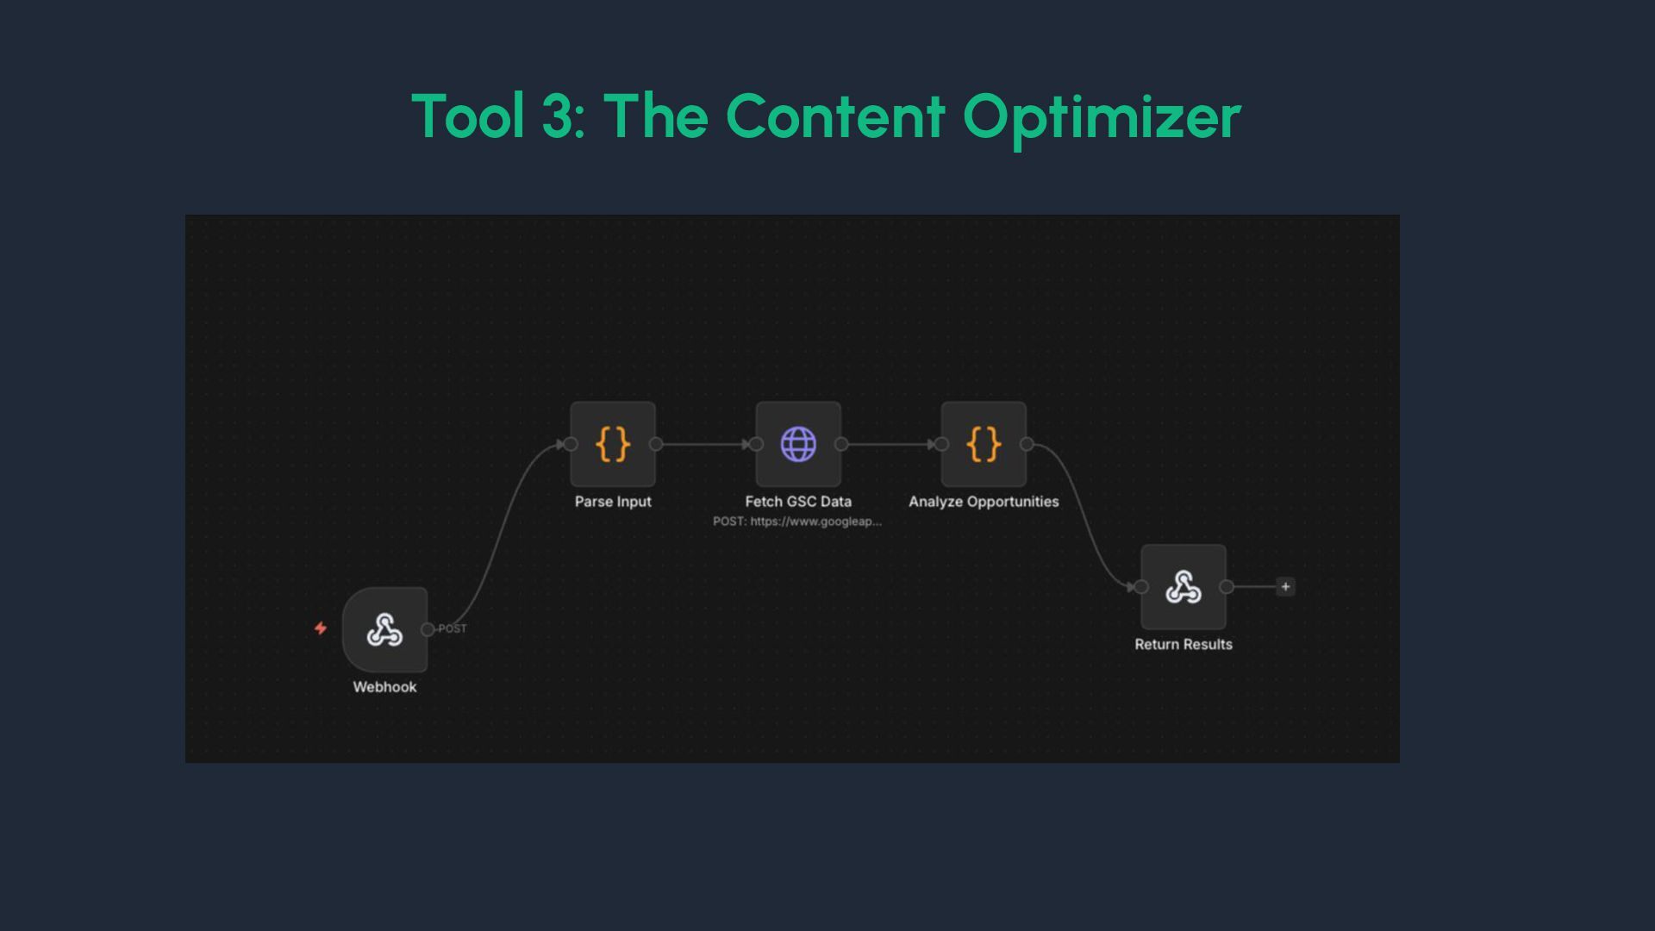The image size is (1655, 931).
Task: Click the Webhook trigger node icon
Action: coord(384,630)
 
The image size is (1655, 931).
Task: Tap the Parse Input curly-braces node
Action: coord(613,444)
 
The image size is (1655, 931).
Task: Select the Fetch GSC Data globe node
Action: coord(798,444)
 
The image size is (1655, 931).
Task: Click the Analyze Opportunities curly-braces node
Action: coord(984,444)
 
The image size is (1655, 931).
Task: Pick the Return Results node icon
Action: coord(1183,587)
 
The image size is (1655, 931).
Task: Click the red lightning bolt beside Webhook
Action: coord(321,628)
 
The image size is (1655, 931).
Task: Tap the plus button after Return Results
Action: coord(1285,587)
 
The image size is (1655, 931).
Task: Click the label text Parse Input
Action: coord(613,502)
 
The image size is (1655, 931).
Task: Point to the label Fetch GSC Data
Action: coord(798,502)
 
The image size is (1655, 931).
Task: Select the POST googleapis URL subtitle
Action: coord(797,522)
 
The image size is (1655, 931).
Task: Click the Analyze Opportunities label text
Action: coord(984,502)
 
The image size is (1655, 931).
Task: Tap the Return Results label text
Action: coord(1183,645)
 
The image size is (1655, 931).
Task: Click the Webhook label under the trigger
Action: coord(384,687)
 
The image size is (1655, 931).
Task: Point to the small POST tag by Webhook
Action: coord(453,628)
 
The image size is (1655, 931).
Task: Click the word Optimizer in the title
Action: coord(1102,118)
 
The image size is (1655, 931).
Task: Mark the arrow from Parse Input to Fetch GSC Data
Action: coord(705,444)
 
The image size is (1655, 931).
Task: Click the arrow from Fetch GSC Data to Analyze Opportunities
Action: coord(890,444)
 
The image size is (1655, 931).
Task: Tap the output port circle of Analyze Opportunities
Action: coord(1027,444)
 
